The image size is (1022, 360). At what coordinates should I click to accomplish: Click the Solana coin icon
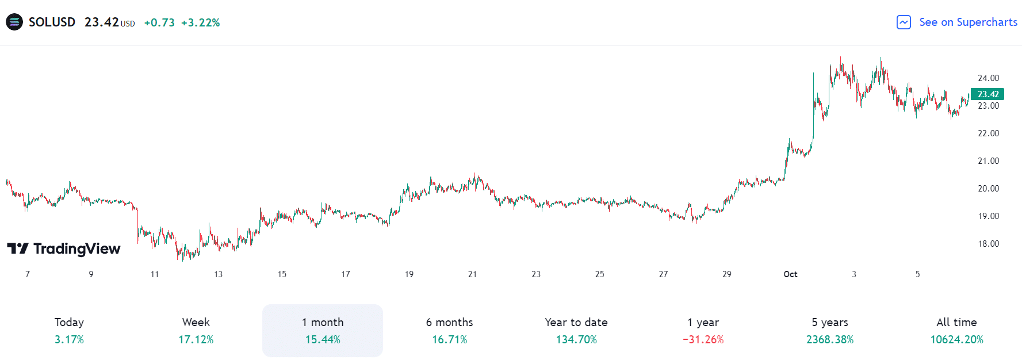pyautogui.click(x=14, y=22)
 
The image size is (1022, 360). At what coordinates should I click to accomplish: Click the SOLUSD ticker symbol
pyautogui.click(x=52, y=22)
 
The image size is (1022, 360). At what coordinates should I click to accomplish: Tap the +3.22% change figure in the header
pyautogui.click(x=200, y=23)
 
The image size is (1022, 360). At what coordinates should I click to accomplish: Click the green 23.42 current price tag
pyautogui.click(x=987, y=94)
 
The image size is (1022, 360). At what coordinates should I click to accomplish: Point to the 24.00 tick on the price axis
pyautogui.click(x=988, y=78)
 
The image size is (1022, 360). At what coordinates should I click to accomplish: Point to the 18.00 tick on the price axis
pyautogui.click(x=988, y=244)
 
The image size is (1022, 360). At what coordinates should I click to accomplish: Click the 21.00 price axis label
pyautogui.click(x=988, y=161)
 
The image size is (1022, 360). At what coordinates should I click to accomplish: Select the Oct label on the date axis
pyautogui.click(x=790, y=274)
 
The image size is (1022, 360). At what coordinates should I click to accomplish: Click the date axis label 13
pyautogui.click(x=218, y=274)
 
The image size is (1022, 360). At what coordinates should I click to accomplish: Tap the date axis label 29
pyautogui.click(x=727, y=274)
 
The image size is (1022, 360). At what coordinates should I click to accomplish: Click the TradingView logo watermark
pyautogui.click(x=64, y=249)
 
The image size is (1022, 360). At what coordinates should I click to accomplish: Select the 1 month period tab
pyautogui.click(x=323, y=330)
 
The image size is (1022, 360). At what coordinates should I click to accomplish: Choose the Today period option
pyautogui.click(x=69, y=330)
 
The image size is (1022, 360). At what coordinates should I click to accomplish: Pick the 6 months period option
pyautogui.click(x=449, y=330)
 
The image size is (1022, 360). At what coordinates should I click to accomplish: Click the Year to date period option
pyautogui.click(x=576, y=330)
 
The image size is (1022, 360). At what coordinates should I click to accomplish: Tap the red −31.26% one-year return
pyautogui.click(x=703, y=340)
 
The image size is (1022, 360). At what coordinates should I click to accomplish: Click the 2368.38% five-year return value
pyautogui.click(x=830, y=340)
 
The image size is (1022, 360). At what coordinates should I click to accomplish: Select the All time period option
pyautogui.click(x=956, y=330)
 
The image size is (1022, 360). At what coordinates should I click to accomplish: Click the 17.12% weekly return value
pyautogui.click(x=196, y=340)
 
